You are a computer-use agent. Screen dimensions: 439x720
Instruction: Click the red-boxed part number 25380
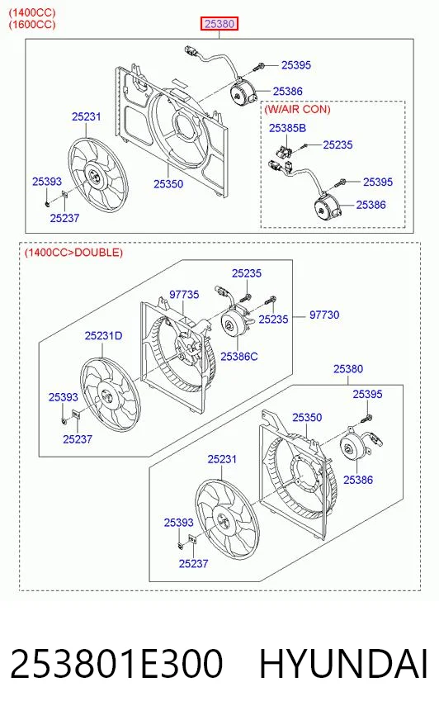coord(219,23)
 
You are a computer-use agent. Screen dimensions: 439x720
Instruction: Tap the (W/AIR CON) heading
coord(297,109)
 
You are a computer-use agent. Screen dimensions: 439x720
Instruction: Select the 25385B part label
coord(287,128)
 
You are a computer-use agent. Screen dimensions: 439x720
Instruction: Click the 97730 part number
coord(324,315)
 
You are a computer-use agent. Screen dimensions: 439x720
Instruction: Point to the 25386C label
coord(239,357)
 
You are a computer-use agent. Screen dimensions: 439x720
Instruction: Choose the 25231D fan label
coord(103,336)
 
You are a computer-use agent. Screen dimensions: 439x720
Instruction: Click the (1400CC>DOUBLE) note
coord(73,252)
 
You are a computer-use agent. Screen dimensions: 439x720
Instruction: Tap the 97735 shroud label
coord(184,294)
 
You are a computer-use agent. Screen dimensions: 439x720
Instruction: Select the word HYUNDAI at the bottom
coord(343,664)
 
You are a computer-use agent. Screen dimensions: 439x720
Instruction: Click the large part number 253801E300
coord(116,664)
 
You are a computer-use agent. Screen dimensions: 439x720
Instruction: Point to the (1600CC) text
coord(32,24)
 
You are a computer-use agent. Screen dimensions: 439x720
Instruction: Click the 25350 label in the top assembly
coord(168,184)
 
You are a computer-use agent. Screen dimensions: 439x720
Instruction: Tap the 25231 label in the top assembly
coord(87,116)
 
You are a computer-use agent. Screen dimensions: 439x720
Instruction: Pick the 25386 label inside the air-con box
coord(371,205)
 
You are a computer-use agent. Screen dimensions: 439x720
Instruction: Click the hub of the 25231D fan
coord(106,395)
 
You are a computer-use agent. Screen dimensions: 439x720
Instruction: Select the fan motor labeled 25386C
coord(236,324)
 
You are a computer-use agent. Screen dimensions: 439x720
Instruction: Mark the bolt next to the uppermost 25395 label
coord(257,67)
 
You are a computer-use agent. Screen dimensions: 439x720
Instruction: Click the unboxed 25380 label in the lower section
coord(348,369)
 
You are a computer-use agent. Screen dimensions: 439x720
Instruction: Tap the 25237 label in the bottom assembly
coord(193,563)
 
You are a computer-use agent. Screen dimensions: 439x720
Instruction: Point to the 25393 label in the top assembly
coord(47,182)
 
